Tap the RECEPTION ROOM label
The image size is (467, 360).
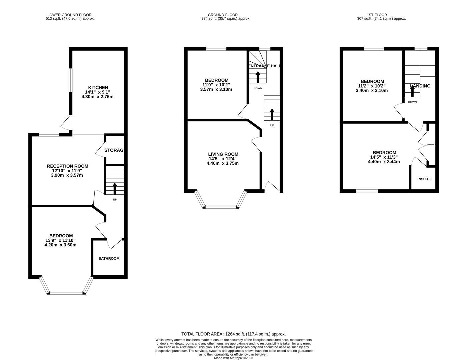tap(67, 166)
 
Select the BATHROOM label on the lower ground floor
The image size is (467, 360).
tap(109, 258)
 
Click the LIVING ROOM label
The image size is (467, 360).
tap(223, 154)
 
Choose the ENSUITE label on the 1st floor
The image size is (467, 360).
tap(423, 179)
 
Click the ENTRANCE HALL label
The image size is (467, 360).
tap(264, 66)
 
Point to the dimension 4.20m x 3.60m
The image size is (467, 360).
tap(60, 245)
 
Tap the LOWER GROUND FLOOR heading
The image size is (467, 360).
tap(69, 15)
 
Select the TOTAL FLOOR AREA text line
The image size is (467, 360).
tap(233, 334)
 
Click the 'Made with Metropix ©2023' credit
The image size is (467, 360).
tap(233, 358)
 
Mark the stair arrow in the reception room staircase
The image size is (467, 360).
tap(115, 188)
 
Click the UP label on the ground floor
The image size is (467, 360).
tap(272, 125)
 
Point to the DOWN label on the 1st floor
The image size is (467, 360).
tap(412, 102)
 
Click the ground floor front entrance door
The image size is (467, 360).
tap(273, 187)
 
